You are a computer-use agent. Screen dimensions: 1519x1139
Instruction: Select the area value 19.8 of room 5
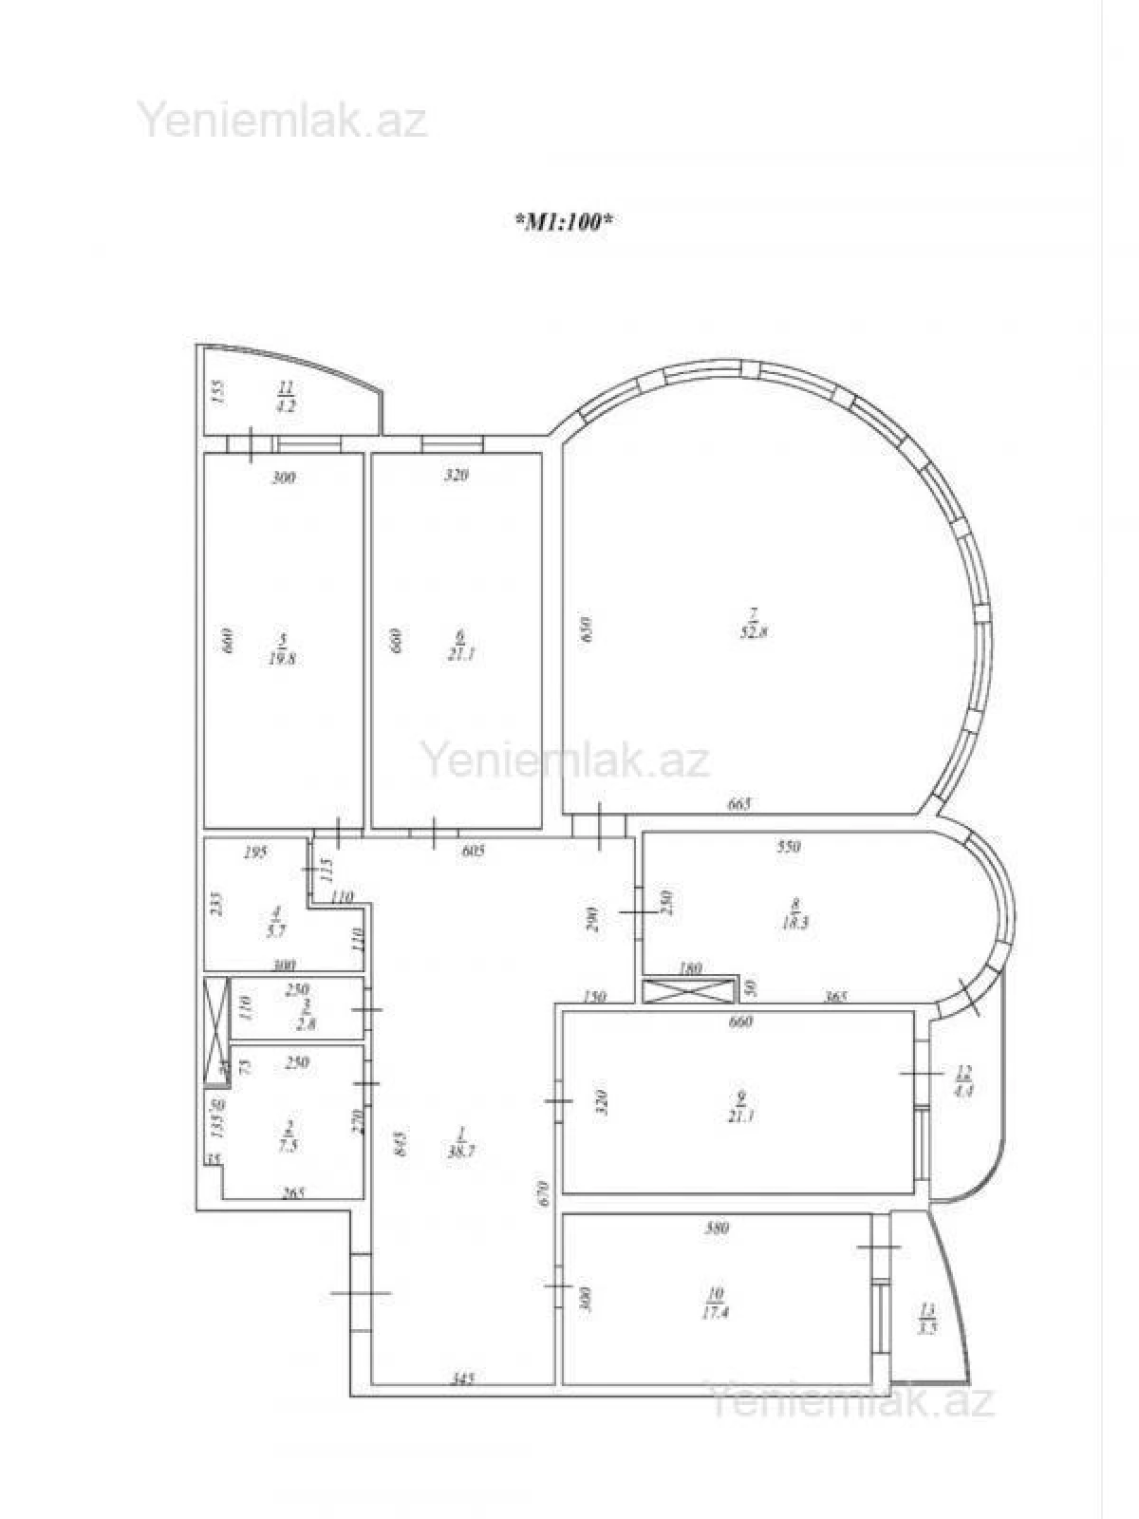[281, 657]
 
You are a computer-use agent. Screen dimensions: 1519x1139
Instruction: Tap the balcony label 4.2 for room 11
[285, 404]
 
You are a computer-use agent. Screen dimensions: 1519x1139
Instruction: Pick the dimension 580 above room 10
[717, 1228]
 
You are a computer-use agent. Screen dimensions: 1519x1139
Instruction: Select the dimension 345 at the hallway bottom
[462, 1378]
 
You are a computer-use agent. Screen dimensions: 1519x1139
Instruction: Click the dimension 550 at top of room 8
[789, 847]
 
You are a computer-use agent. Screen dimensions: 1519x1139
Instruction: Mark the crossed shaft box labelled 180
[691, 990]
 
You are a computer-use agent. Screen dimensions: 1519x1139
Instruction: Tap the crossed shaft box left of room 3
[217, 1030]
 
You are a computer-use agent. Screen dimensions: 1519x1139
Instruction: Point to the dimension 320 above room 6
[457, 476]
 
